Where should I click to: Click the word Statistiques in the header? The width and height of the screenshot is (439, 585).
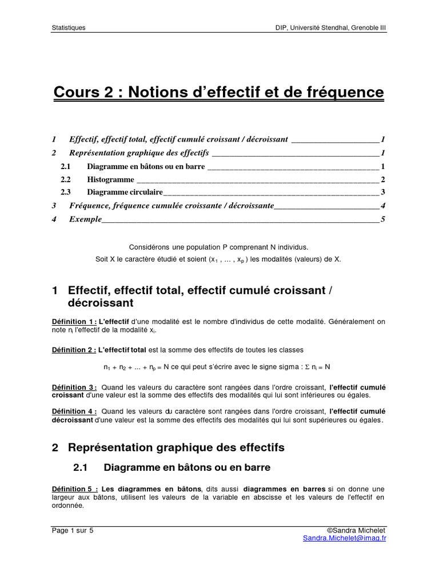click(x=69, y=27)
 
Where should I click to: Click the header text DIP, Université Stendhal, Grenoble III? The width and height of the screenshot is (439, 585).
click(x=331, y=27)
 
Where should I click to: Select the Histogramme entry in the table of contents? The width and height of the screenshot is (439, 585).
click(x=110, y=179)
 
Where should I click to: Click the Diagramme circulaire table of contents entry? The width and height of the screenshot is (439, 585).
click(x=125, y=193)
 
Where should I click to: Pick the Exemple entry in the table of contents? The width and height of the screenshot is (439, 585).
click(x=85, y=219)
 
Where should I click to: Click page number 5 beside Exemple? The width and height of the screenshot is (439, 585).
click(x=382, y=219)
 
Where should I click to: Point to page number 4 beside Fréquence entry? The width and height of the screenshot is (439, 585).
click(x=382, y=206)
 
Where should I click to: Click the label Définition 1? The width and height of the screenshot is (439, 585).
click(x=74, y=322)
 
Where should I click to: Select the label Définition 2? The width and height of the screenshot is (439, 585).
click(x=74, y=349)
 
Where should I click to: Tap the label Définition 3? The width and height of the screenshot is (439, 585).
click(x=74, y=387)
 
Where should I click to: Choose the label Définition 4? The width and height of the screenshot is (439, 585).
click(x=74, y=411)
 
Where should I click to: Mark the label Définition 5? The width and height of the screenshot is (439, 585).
click(x=74, y=489)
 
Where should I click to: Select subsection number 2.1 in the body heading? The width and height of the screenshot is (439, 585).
click(x=80, y=467)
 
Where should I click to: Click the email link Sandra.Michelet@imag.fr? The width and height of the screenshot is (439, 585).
click(x=345, y=538)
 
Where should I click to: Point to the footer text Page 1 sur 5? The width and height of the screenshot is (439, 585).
click(x=73, y=530)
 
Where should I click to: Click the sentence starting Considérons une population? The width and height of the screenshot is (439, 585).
click(x=218, y=247)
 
